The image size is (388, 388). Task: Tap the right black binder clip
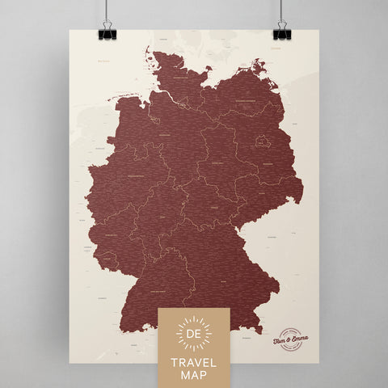click(x=281, y=33)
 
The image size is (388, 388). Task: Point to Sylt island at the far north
click(x=150, y=48)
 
